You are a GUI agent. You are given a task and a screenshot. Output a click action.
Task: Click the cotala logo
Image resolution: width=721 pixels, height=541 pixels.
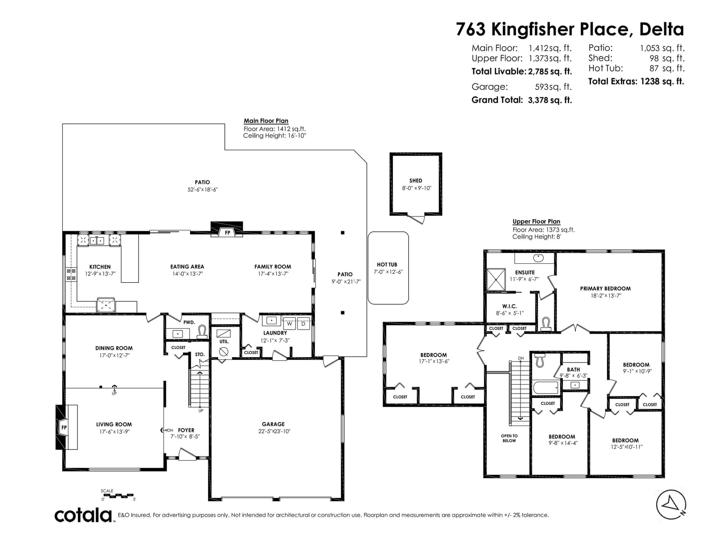[x=83, y=515]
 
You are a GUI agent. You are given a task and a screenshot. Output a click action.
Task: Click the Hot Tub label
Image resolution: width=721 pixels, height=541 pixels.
[x=387, y=265]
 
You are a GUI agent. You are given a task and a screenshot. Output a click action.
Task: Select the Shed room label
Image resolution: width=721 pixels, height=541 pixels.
[x=415, y=181]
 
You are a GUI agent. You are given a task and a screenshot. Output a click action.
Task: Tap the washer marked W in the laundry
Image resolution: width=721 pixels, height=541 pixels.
[x=289, y=323]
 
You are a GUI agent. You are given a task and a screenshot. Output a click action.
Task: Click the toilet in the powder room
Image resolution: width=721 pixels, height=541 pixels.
[x=202, y=332]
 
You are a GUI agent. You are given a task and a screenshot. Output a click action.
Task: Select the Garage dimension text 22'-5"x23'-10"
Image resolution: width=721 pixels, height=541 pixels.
[x=274, y=431]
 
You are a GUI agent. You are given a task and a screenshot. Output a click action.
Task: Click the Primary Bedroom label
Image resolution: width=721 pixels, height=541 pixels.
[x=605, y=289]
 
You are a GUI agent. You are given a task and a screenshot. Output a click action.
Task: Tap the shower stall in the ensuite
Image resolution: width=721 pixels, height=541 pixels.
[x=496, y=280]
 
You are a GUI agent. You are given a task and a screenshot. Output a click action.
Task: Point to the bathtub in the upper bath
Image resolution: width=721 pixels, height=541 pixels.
[x=546, y=388]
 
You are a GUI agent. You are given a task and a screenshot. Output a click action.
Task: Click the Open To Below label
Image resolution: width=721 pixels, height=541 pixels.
[x=509, y=438]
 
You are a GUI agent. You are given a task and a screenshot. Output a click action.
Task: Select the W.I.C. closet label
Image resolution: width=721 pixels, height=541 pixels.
[x=510, y=306]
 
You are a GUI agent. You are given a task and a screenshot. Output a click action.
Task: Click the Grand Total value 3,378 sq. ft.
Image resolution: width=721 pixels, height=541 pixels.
[x=550, y=100]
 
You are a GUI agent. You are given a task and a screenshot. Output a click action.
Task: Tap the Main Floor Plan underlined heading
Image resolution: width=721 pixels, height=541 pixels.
[x=266, y=121]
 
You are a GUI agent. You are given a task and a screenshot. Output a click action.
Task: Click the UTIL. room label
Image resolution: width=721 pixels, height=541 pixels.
[x=224, y=342]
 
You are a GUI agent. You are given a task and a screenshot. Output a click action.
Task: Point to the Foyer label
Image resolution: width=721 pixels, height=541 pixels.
[x=186, y=430]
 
